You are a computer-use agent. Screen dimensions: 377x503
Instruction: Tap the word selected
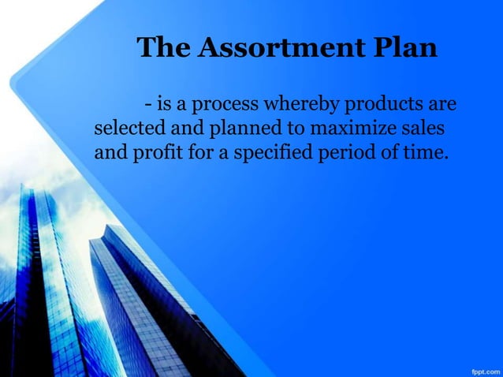point(125,128)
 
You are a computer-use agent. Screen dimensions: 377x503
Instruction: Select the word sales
point(422,128)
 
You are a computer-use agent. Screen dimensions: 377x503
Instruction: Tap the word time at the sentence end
point(426,151)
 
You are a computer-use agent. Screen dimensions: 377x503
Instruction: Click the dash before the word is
point(148,105)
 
